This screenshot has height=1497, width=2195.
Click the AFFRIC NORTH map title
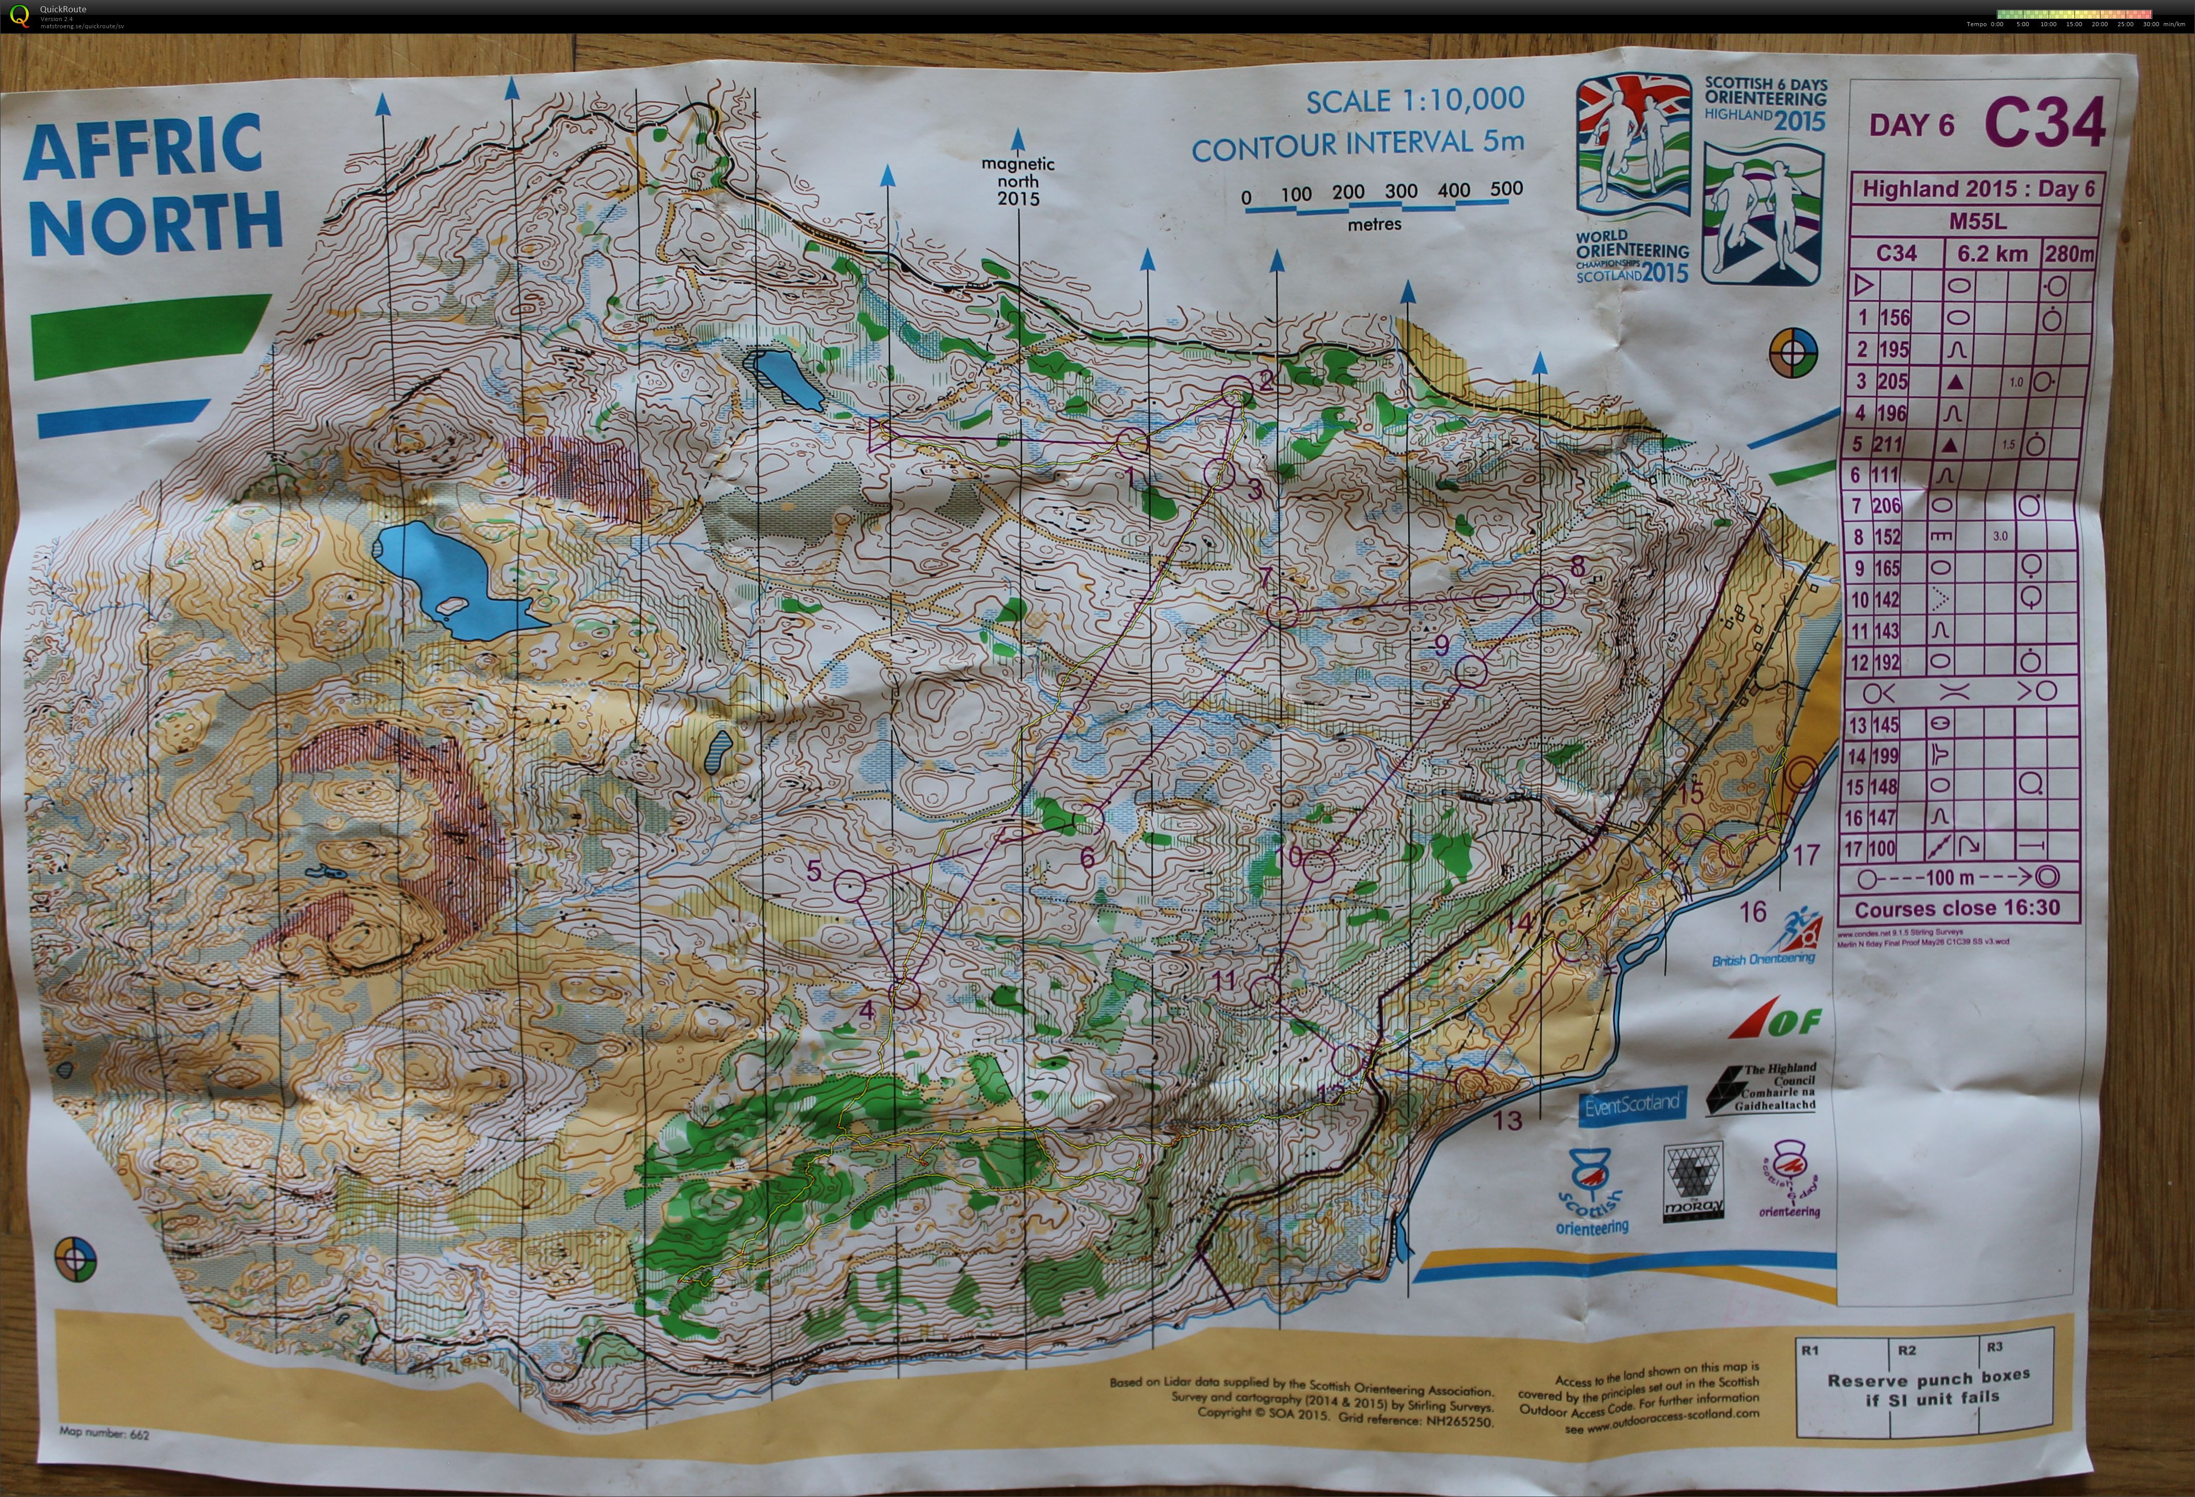(153, 184)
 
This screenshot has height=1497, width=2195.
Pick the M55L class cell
(1978, 222)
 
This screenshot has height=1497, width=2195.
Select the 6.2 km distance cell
(1992, 253)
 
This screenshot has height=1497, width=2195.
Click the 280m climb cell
(2069, 253)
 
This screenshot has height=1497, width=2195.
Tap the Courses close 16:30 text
(1957, 908)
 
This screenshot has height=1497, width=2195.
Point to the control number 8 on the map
(1576, 566)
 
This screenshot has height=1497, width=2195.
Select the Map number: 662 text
(104, 1433)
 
